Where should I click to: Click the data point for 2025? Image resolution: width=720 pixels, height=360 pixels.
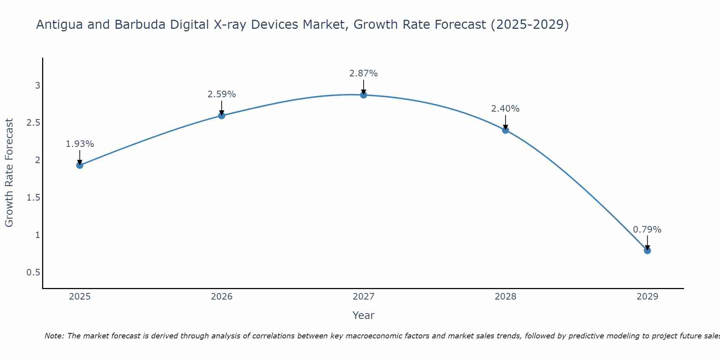(80, 165)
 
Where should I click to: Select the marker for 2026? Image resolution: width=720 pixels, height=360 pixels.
(222, 116)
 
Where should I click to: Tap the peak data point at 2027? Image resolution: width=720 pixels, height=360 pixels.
(364, 95)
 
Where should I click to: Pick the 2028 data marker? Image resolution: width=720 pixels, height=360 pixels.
(505, 130)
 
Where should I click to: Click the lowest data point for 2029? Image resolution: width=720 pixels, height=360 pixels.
(647, 250)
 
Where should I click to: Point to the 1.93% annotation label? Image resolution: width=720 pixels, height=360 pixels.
(80, 144)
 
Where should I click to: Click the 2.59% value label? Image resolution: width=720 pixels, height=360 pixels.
(222, 94)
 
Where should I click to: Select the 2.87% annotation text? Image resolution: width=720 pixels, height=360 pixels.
(364, 73)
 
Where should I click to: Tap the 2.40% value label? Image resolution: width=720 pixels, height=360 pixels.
(505, 109)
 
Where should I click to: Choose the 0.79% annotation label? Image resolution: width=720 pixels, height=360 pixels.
(647, 230)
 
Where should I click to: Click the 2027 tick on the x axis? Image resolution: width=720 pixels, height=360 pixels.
(364, 297)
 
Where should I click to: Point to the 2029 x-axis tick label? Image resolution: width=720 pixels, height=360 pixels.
(647, 297)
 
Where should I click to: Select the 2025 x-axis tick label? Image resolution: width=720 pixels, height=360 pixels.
(80, 297)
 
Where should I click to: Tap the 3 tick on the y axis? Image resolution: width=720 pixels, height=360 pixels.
(37, 86)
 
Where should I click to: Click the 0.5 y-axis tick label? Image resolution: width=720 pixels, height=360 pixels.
(33, 273)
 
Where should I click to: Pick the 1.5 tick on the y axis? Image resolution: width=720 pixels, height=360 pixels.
(33, 198)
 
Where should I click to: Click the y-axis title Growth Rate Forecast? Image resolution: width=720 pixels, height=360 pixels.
(9, 173)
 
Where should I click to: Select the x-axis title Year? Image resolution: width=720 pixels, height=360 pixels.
(364, 315)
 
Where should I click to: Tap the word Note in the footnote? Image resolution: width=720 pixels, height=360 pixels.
(54, 336)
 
